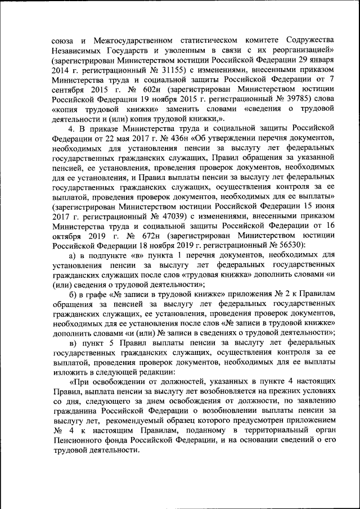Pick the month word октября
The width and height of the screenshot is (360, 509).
[x=70, y=236]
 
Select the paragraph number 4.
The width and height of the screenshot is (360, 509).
[x=72, y=128]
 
